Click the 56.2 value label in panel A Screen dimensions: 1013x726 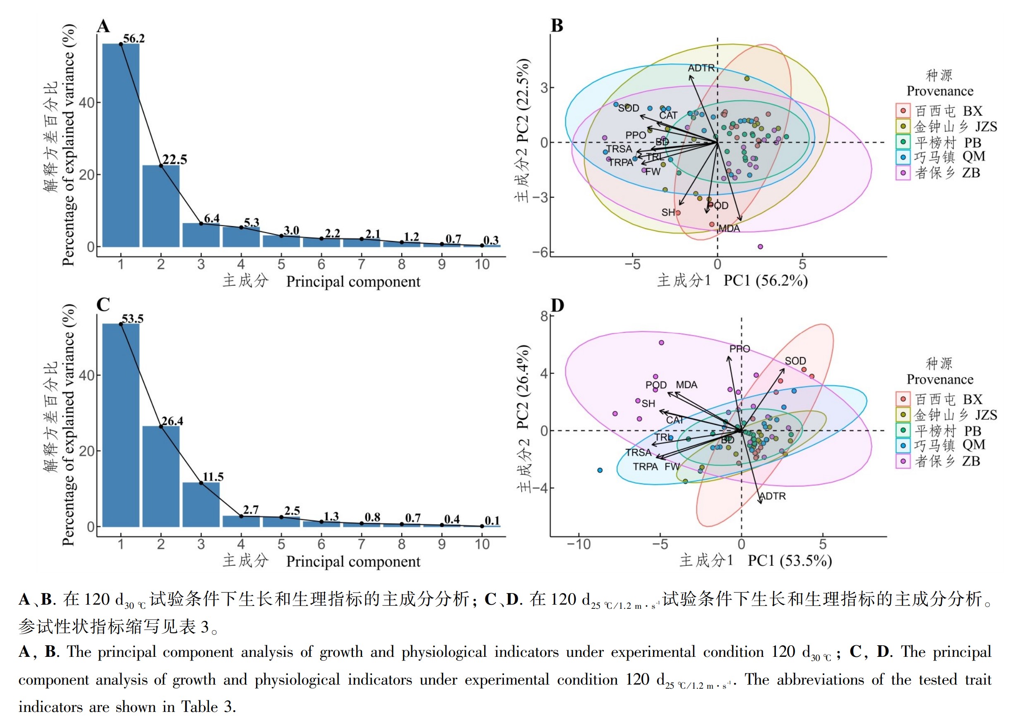tap(134, 39)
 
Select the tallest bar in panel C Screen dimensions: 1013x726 tap(121, 425)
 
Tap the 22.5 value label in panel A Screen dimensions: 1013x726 tap(175, 159)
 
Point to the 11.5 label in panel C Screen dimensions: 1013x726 tap(213, 477)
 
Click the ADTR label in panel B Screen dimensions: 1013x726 tap(701, 68)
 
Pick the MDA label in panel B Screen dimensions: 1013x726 tap(730, 229)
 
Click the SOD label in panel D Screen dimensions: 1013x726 tap(795, 361)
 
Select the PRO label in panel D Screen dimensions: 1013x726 tap(739, 349)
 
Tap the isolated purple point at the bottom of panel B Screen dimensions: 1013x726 tap(760, 247)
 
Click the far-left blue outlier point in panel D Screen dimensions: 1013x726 tap(600, 470)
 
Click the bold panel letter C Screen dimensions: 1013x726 tap(103, 304)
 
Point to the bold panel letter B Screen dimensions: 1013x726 tap(557, 26)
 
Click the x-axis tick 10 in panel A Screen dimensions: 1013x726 tap(482, 264)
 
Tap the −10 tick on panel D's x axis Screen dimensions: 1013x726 tap(579, 544)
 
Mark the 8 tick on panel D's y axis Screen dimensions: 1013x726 tap(544, 316)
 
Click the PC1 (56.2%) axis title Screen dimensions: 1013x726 tap(766, 280)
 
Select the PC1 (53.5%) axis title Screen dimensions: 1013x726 tap(790, 560)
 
